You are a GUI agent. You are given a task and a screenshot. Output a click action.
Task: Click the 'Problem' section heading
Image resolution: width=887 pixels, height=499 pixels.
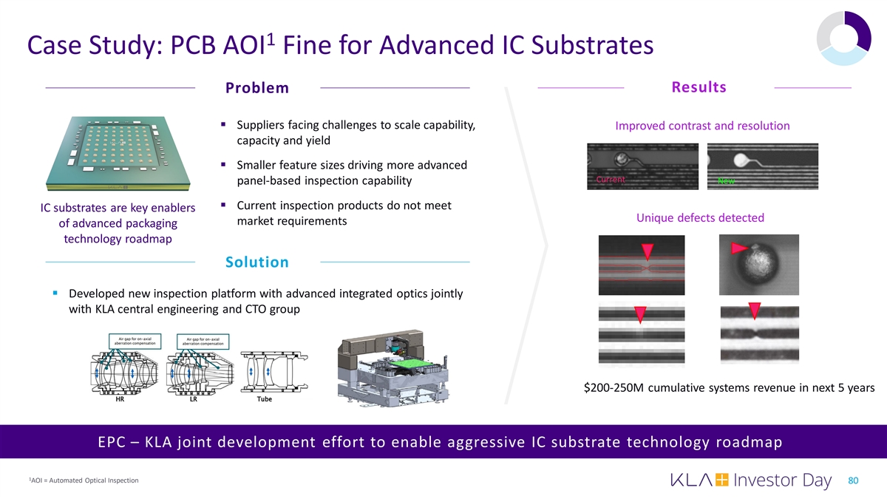coord(257,89)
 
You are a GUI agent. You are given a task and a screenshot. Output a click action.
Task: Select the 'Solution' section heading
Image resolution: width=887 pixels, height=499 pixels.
coord(257,262)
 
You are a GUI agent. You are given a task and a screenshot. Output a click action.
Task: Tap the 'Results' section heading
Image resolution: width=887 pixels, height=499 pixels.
coord(699,88)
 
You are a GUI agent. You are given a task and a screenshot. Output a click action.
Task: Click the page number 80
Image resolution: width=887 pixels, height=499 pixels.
coord(853,481)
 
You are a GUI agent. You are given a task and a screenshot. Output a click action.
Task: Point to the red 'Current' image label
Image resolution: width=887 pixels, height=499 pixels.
coord(611,180)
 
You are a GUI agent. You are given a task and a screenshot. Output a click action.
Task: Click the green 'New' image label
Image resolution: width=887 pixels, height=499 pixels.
coord(725,183)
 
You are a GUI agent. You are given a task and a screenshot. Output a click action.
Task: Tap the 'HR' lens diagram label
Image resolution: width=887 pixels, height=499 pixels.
coord(120,399)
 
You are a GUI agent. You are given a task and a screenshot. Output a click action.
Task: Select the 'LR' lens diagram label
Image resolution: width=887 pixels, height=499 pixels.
coord(193,399)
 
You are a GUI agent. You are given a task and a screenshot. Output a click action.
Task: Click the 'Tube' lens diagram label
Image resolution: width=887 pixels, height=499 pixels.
coord(264,399)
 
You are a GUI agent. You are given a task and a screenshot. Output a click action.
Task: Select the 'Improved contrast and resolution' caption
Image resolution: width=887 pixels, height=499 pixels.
coord(702,126)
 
